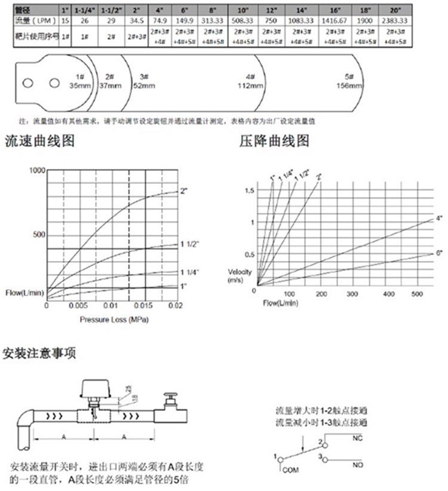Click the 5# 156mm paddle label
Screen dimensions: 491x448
[349, 81]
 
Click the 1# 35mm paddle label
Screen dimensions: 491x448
[80, 81]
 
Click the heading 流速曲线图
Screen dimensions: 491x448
[39, 142]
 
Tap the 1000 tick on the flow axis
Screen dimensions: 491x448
[37, 170]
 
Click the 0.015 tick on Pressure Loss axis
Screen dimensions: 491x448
[141, 306]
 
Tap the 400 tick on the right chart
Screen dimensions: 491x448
[389, 294]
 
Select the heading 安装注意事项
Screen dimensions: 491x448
[39, 352]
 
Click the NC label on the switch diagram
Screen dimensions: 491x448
[358, 438]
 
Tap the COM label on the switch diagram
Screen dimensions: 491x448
[289, 470]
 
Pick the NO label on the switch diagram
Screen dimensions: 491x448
[358, 464]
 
